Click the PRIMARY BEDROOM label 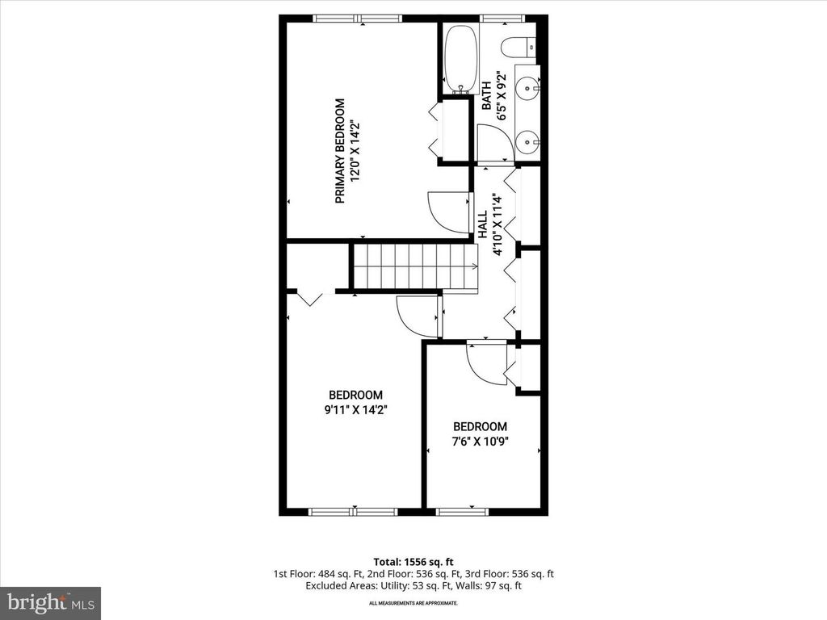(340, 151)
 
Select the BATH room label (487, 95)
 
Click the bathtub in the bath (460, 59)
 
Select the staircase (412, 266)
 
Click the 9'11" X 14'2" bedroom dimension (355, 409)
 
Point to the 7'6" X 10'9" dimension (480, 442)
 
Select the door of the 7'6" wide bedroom (487, 362)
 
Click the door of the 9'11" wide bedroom (418, 316)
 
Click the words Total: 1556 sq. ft (413, 561)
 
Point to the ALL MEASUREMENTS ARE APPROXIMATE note (413, 603)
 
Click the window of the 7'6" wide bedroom (457, 510)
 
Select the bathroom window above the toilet (502, 18)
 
